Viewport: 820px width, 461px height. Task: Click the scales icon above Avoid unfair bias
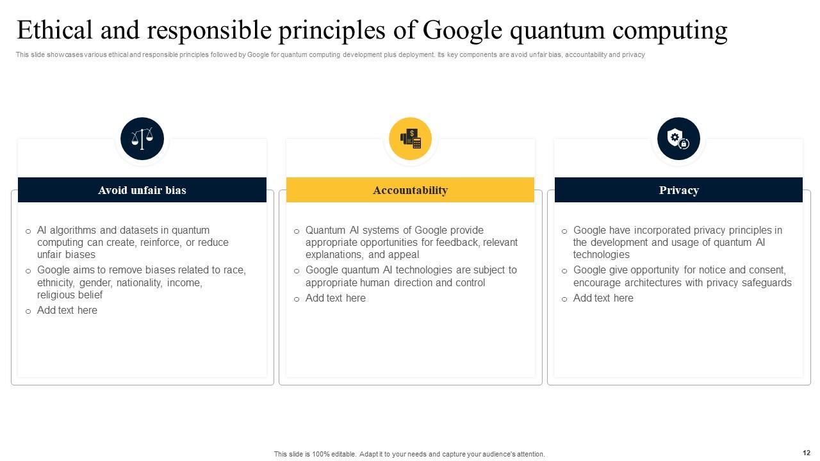142,138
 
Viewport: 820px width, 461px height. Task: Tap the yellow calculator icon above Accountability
410,138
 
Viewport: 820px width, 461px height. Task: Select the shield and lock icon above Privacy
678,138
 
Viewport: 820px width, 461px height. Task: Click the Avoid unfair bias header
142,190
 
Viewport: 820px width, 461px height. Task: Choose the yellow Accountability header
410,190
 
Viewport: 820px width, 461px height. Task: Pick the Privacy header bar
678,190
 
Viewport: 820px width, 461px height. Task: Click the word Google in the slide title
463,31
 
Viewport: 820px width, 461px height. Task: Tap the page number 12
806,453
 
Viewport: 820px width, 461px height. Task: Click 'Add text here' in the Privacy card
603,298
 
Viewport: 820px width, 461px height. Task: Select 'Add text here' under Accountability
335,298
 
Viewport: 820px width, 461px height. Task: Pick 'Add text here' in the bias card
67,311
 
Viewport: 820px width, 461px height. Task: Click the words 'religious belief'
70,295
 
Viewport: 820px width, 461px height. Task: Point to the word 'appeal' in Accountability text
404,255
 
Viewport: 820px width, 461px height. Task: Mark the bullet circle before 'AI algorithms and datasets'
28,231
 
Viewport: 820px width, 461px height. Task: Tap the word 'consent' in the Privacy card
765,270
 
